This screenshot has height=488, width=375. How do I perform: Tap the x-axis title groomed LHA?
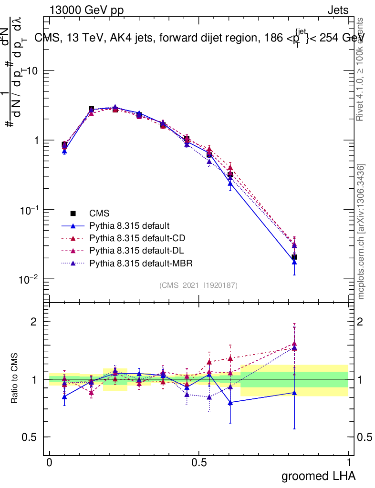pos(319,476)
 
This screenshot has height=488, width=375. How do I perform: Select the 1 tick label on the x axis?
pos(349,463)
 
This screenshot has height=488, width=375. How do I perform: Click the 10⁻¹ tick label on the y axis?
pos(30,210)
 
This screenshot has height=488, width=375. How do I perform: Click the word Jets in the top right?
pos(337,10)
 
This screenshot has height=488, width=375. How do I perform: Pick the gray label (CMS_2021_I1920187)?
pos(198,285)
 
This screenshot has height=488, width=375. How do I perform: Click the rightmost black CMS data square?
pos(294,257)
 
